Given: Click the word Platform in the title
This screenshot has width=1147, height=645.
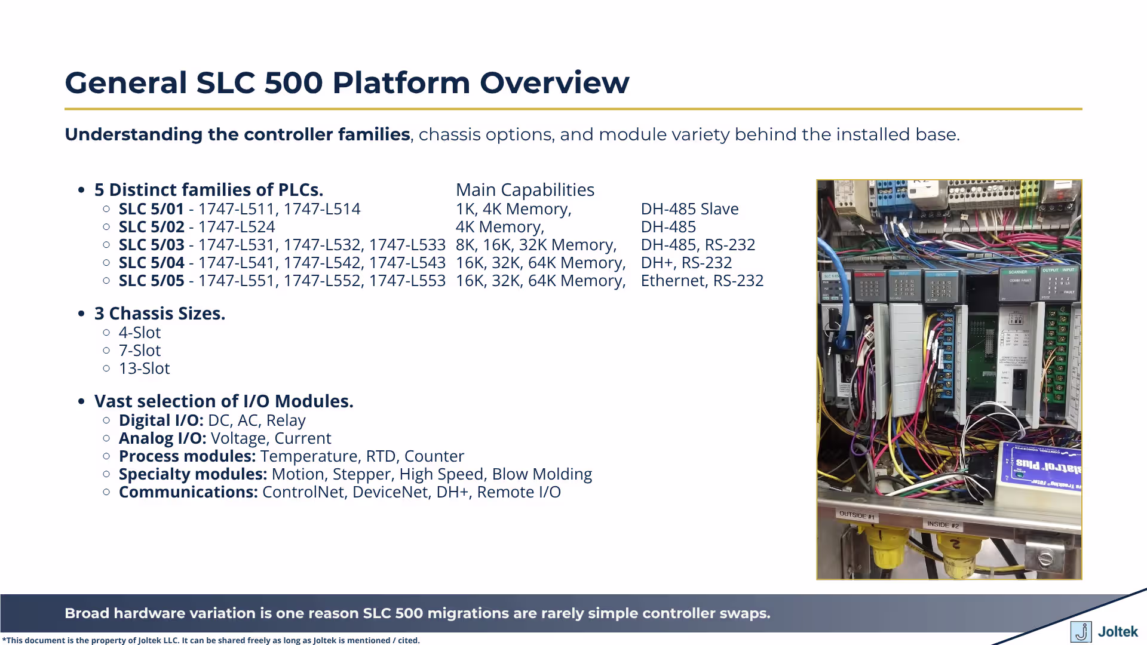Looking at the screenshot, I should pyautogui.click(x=401, y=82).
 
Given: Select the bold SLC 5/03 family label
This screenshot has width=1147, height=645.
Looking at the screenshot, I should pyautogui.click(x=151, y=245).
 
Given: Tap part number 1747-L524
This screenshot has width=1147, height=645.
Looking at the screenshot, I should pyautogui.click(x=236, y=227).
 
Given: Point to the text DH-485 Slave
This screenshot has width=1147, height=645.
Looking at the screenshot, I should pyautogui.click(x=689, y=209).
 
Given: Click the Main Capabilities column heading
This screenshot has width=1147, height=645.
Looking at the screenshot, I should pyautogui.click(x=525, y=190).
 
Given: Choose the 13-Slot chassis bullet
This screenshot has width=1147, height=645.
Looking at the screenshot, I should pyautogui.click(x=144, y=368).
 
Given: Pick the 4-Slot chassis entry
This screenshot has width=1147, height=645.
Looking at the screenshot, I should pyautogui.click(x=139, y=333).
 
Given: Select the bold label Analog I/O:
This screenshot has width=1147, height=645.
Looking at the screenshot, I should pyautogui.click(x=162, y=438).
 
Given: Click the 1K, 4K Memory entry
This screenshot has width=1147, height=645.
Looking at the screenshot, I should pyautogui.click(x=513, y=209).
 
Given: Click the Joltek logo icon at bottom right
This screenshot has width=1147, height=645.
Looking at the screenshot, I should pyautogui.click(x=1081, y=631).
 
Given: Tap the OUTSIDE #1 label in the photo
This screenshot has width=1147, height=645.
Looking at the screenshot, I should pyautogui.click(x=856, y=514).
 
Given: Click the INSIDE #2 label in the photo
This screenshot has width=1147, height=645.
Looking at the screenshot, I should pyautogui.click(x=942, y=524).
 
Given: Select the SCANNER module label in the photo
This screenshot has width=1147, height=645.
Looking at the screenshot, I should pyautogui.click(x=1018, y=272).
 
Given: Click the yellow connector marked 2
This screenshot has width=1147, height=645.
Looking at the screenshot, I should pyautogui.click(x=954, y=546).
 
